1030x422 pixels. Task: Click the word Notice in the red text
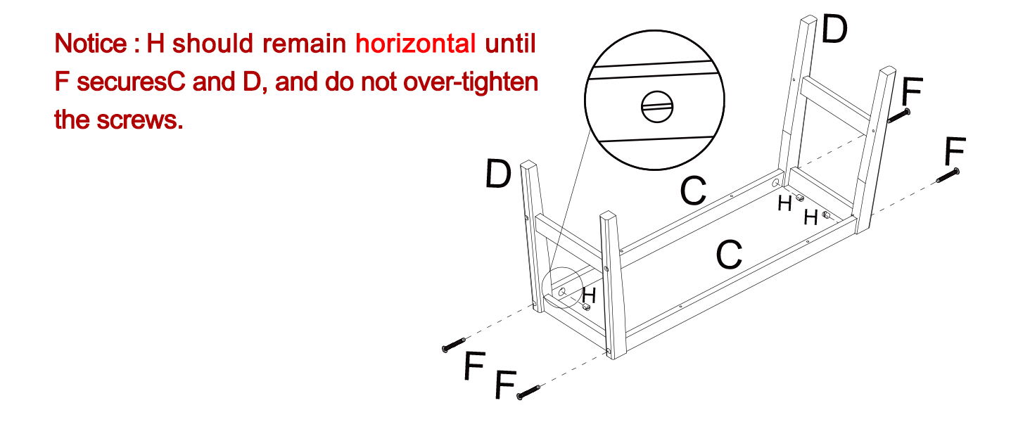pos(88,44)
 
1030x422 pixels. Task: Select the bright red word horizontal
pos(416,44)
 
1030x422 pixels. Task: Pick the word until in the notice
pos(511,44)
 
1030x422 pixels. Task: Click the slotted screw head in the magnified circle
pos(658,108)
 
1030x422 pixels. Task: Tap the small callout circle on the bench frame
pos(564,289)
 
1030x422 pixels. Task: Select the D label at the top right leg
pos(834,30)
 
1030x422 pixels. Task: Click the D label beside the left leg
pos(498,174)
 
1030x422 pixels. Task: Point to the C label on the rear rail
pos(693,191)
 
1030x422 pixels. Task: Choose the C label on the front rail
pos(729,255)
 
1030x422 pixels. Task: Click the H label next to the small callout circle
pos(589,296)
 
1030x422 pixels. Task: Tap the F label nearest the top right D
pos(913,91)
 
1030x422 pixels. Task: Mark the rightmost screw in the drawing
pos(949,176)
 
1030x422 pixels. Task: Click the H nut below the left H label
pos(585,307)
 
